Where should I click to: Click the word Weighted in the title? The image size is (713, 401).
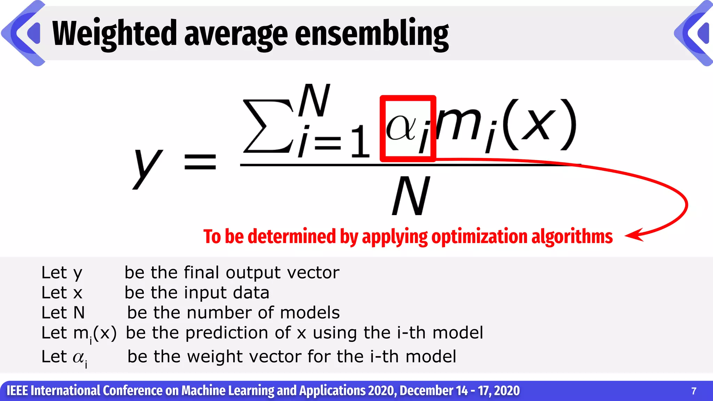coord(115,34)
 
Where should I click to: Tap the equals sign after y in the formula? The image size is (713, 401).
coord(200,162)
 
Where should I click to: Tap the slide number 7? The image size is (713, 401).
coord(694,391)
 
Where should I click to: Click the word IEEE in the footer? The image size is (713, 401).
coord(17,391)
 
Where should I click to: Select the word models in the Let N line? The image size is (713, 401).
coord(310,313)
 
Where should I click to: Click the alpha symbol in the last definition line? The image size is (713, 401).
coord(79,357)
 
